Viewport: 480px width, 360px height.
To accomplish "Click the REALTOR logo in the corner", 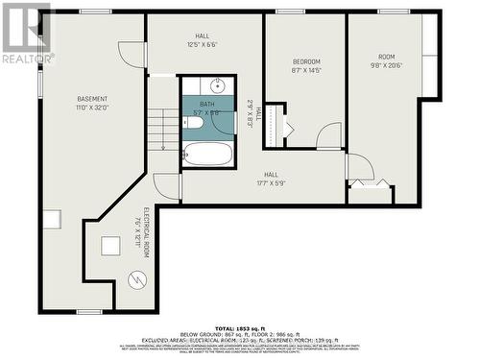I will click(x=26, y=34).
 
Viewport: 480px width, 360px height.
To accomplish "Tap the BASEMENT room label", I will click(x=93, y=104).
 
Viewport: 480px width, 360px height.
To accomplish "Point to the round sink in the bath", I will click(x=218, y=86).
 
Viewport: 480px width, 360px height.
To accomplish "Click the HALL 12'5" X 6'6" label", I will click(x=203, y=40).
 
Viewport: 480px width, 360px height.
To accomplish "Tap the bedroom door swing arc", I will click(x=329, y=136).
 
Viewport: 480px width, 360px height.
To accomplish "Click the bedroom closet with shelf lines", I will click(x=275, y=126).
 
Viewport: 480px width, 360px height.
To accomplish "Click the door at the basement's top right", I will click(x=132, y=54).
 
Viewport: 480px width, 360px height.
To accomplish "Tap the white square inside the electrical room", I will click(x=110, y=245).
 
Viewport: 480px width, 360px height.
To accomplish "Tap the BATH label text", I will click(x=207, y=104).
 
